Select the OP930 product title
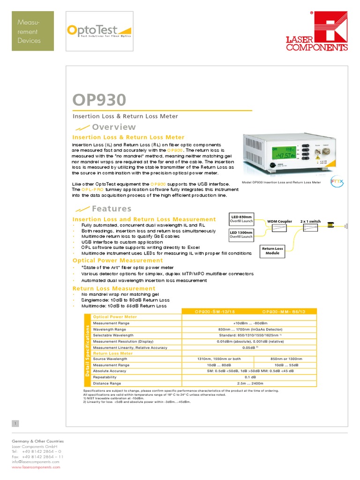pos(99,100)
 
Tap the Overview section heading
pos(114,127)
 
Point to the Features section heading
pos(112,209)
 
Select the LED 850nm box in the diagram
pos(241,219)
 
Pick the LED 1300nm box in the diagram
pos(241,234)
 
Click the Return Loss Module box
pos(272,251)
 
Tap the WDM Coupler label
pos(279,221)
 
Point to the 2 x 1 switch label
pos(310,221)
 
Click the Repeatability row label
pos(105,376)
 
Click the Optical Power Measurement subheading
pos(118,260)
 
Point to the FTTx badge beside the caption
pos(337,181)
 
